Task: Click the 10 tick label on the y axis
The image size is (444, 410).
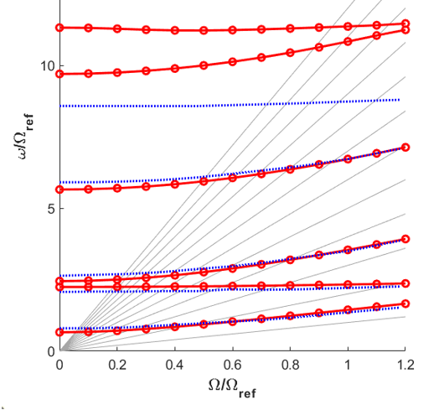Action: click(48, 66)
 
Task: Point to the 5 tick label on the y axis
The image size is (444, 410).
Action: click(52, 209)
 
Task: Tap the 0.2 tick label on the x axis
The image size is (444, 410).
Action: click(117, 365)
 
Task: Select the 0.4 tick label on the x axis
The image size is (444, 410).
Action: click(175, 365)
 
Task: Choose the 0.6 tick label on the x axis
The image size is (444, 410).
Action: click(233, 365)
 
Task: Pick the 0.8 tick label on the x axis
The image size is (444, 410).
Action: click(290, 365)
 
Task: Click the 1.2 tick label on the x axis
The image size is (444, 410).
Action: click(405, 365)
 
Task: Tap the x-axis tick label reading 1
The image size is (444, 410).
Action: click(348, 365)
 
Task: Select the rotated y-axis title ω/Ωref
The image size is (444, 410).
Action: click(26, 137)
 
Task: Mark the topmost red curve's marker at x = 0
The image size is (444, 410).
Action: click(59, 28)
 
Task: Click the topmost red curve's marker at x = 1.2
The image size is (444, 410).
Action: click(405, 23)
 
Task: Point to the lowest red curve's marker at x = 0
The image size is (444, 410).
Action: click(59, 332)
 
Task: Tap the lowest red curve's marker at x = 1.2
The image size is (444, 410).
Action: click(405, 304)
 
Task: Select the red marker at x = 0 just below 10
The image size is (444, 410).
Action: click(59, 75)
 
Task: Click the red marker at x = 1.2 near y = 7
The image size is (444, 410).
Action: click(405, 148)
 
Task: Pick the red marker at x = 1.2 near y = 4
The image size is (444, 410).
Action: click(405, 239)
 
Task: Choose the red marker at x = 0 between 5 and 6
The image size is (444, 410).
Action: click(59, 189)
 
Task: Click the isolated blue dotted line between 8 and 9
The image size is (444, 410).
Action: click(230, 103)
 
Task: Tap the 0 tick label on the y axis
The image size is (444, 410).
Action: click(52, 351)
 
